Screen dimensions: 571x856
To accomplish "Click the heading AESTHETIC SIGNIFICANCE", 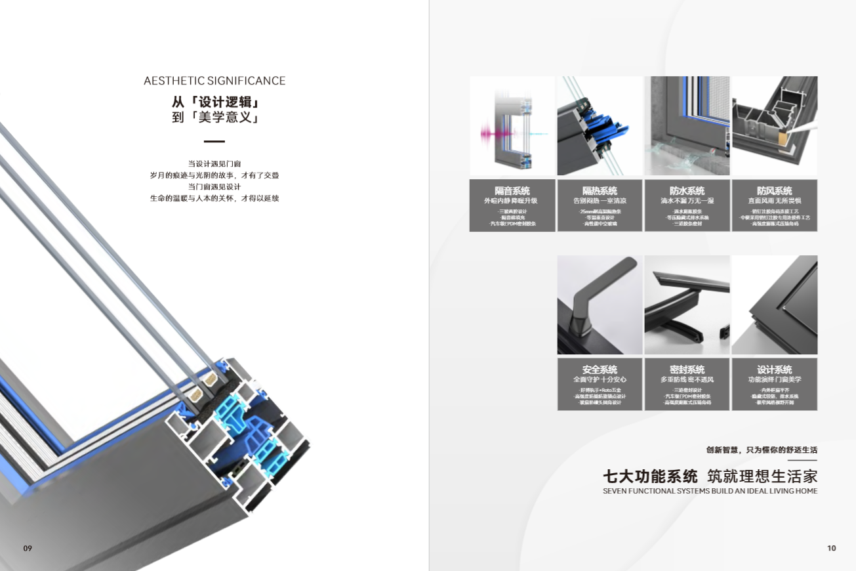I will coord(214,81).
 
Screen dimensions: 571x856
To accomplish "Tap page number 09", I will coord(28,548).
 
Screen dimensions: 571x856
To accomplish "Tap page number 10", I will coord(832,548).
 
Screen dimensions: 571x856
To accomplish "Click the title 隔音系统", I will coord(512,190).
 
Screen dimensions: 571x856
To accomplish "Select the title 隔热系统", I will coord(600,190).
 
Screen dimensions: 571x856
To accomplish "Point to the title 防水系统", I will coord(687,190).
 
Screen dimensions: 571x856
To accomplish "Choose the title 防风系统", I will coord(774,190).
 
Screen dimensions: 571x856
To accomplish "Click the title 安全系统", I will coord(600,370).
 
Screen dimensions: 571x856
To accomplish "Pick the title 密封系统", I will coord(687,370).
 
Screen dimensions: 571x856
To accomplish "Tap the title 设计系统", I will coord(774,370).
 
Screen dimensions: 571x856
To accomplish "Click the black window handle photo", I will coord(600,305).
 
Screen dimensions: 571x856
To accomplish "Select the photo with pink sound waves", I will coord(512,126).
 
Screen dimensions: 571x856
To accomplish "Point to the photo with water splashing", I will coord(687,126).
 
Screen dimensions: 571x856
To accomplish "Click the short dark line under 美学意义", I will coord(214,141).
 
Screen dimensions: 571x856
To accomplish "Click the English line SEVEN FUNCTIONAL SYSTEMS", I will coord(710,491).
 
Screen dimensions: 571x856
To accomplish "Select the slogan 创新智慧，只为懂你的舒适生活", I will coord(762,450).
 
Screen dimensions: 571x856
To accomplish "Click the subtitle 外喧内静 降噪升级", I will coord(512,201).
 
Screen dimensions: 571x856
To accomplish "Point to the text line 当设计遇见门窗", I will coord(214,163).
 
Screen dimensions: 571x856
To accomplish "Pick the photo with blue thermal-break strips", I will coord(600,126).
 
